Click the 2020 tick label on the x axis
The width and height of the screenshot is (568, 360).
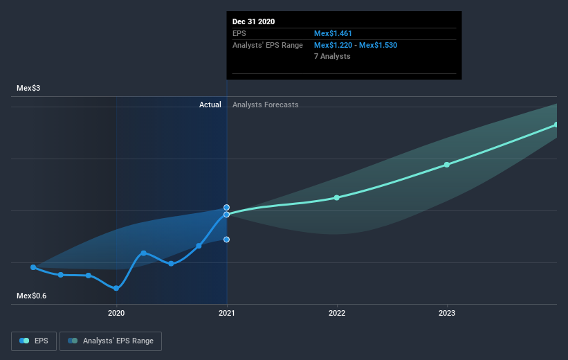tap(116, 313)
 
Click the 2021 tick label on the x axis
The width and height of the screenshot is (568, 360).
tap(227, 313)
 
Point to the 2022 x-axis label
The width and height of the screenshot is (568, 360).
tap(337, 313)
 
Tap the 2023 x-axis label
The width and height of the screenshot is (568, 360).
tap(447, 313)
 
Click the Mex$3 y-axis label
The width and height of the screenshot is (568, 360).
tap(28, 88)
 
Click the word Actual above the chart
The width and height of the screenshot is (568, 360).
tap(210, 105)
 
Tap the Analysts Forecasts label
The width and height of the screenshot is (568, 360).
tap(266, 105)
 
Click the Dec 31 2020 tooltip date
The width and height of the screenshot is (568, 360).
tap(253, 21)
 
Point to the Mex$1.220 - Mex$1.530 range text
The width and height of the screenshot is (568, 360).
tap(356, 45)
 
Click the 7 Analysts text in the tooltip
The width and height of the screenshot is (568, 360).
tap(332, 56)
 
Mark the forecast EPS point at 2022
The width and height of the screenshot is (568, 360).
tap(337, 197)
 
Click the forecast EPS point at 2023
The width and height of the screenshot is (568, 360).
tap(447, 165)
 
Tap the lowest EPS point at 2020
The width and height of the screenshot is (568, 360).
tap(116, 288)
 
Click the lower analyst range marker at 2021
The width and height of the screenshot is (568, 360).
tap(227, 240)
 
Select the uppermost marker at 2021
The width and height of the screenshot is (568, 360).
tap(227, 207)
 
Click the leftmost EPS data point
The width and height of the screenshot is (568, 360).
tap(33, 267)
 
